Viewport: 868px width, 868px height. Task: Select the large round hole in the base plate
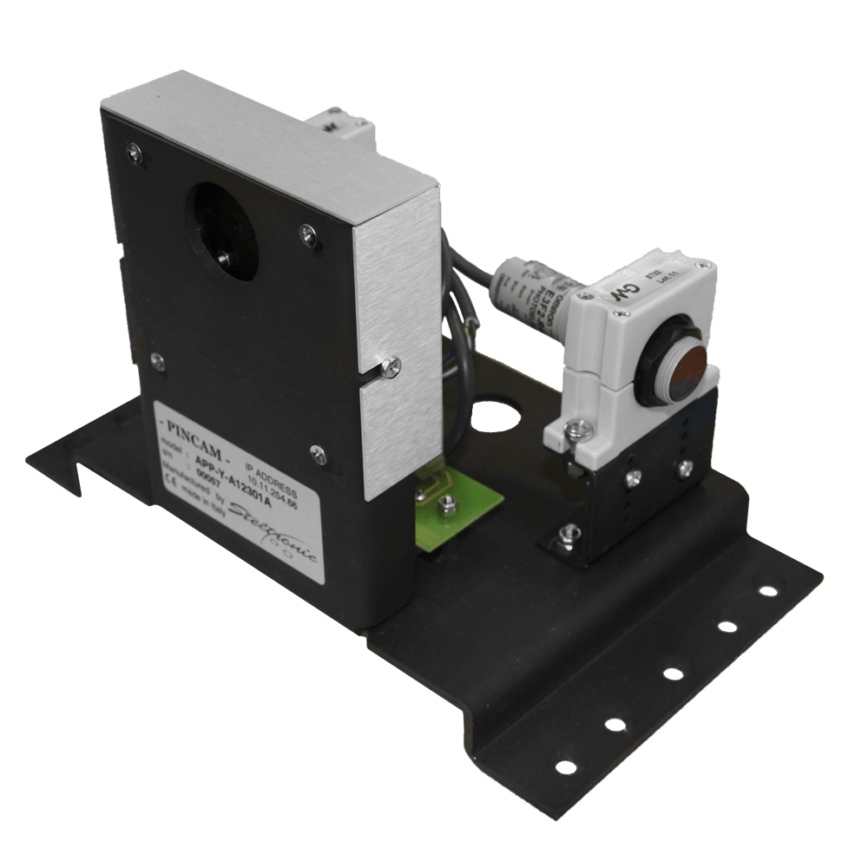(x=498, y=411)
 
